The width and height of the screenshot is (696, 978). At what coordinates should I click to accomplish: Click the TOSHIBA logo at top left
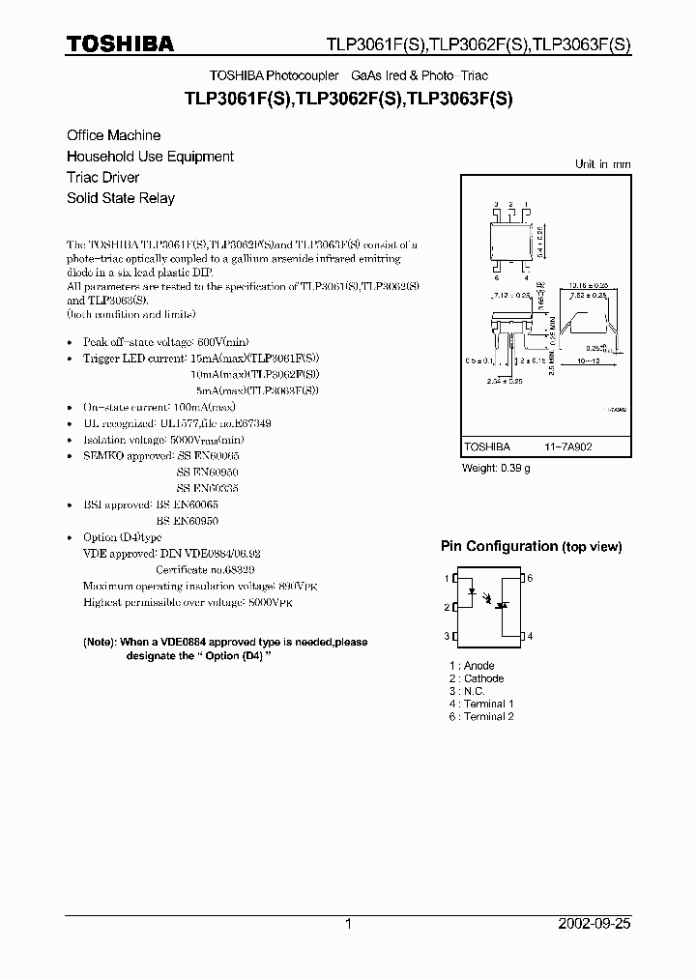pos(120,43)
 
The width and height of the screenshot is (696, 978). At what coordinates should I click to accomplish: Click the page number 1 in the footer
pos(348,924)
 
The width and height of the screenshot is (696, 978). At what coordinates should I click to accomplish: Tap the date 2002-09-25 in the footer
pos(594,924)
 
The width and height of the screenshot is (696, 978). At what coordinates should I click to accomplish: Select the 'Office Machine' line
pos(113,135)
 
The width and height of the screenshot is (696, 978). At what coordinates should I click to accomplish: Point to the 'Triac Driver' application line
pos(102,177)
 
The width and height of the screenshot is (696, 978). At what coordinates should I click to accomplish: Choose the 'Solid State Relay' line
pos(121,198)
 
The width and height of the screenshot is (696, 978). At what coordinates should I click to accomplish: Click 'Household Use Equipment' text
pos(150,157)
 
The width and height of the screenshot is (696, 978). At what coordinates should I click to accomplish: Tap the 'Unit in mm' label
pos(602,164)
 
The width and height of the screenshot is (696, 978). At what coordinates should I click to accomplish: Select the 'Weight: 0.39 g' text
pos(495,469)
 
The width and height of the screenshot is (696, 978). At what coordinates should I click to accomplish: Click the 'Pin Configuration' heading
pos(499,546)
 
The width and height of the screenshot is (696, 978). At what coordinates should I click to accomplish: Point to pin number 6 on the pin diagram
pos(530,578)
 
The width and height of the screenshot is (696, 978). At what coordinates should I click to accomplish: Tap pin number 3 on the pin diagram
pos(448,636)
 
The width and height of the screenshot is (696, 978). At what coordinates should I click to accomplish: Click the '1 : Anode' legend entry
pos(472,666)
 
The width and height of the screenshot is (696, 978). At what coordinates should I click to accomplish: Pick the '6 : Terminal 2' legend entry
pos(481,716)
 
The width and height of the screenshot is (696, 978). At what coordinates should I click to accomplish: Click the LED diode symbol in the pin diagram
pos(473,593)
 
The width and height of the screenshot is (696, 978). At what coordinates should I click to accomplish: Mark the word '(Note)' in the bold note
pos(99,643)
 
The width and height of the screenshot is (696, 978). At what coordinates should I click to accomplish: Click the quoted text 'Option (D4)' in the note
pos(231,655)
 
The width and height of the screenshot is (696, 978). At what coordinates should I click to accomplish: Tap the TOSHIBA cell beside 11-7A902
pos(487,448)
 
